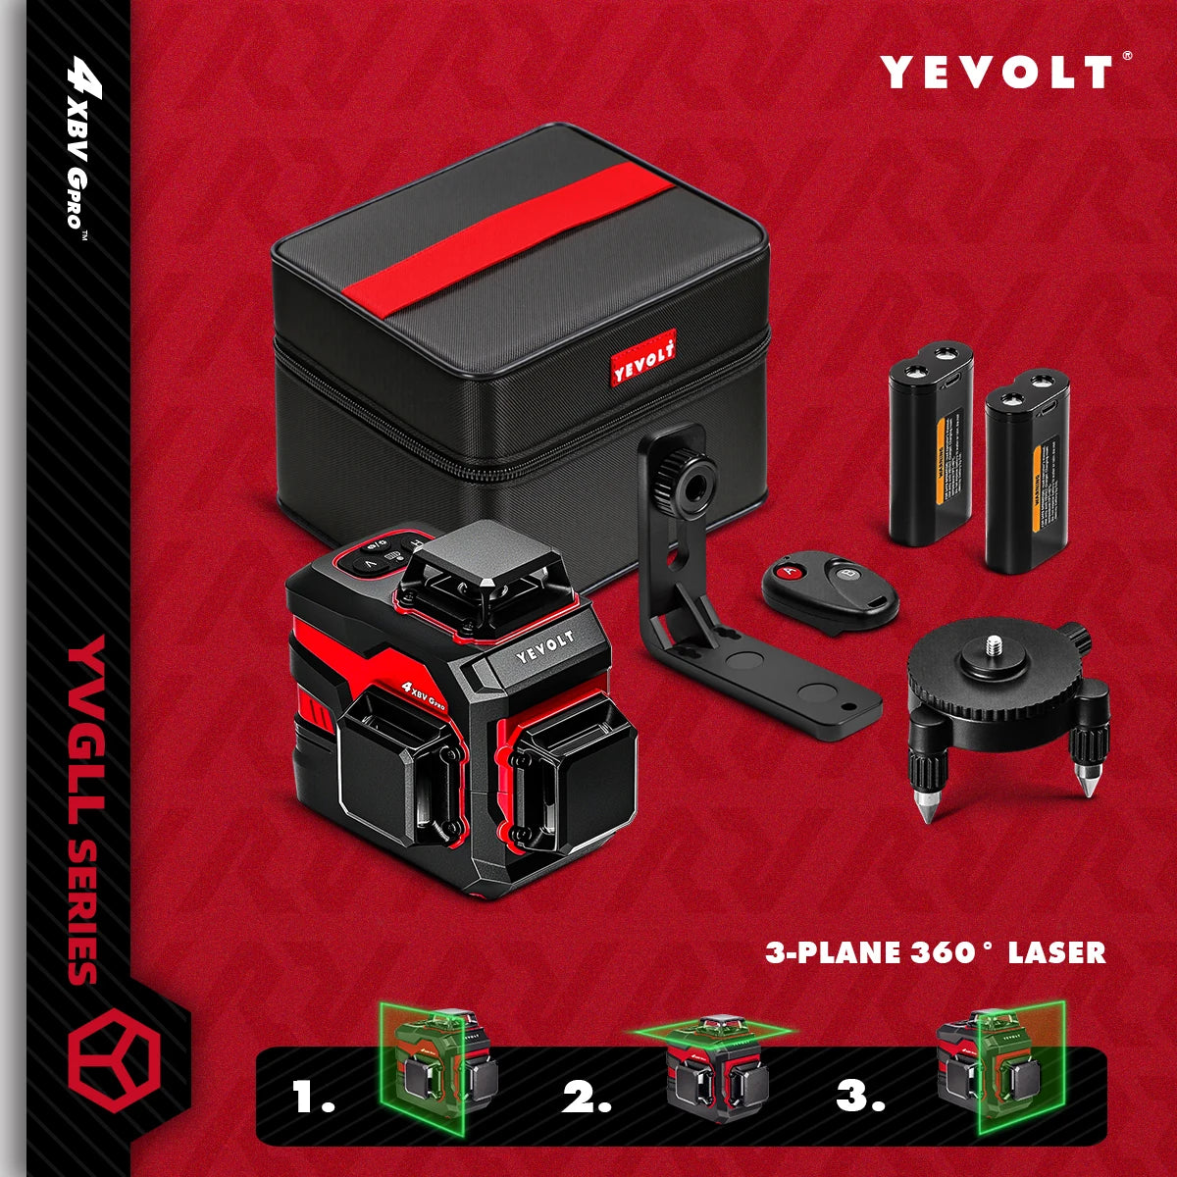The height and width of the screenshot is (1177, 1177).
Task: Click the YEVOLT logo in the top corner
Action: pyautogui.click(x=997, y=73)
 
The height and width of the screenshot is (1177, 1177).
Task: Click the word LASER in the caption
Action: pyautogui.click(x=1059, y=951)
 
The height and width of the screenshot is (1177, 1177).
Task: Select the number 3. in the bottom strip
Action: pyautogui.click(x=860, y=1097)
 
